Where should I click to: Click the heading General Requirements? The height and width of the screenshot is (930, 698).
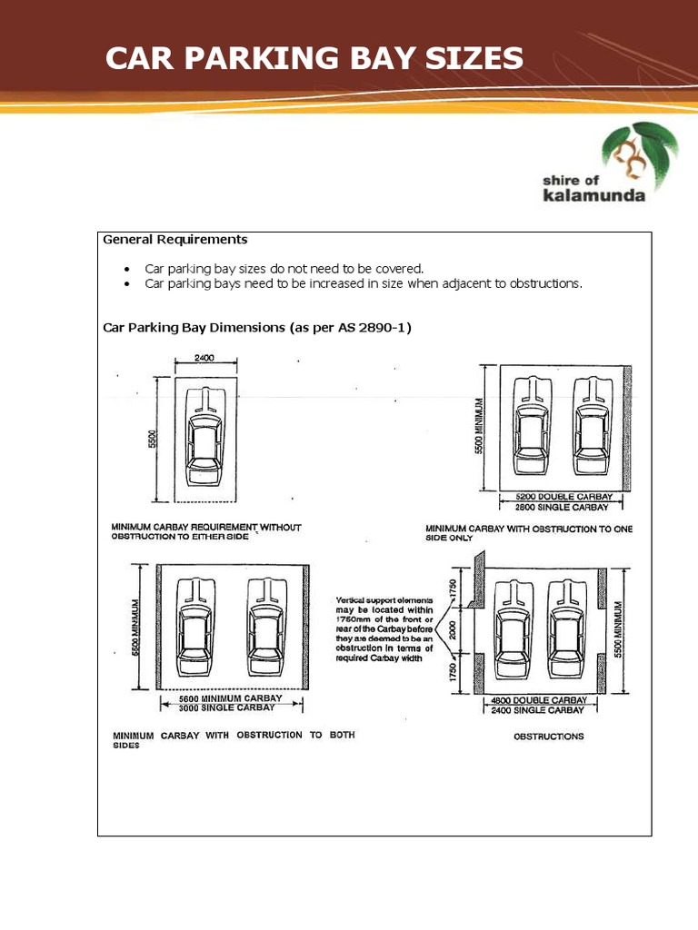(x=174, y=240)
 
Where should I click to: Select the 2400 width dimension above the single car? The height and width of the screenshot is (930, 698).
(x=204, y=359)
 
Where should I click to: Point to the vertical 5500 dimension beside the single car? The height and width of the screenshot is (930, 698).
(x=154, y=439)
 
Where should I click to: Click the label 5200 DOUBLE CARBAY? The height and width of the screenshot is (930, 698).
(x=563, y=498)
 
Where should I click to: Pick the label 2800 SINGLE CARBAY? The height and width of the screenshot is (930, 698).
(x=563, y=508)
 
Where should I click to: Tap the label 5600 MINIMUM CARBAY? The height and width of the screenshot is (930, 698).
(x=231, y=698)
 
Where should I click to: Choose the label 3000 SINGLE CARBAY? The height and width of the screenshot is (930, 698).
(x=231, y=707)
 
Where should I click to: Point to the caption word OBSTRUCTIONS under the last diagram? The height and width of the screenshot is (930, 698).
(x=548, y=737)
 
